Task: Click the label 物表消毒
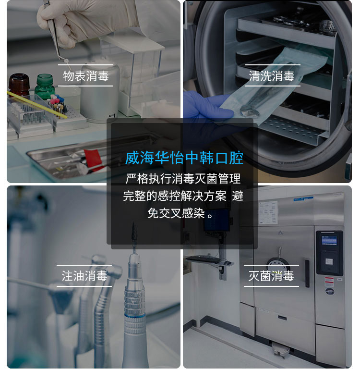pos(85,76)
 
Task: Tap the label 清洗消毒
pos(272,76)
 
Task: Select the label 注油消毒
pos(84,276)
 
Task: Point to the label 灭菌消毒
pos(271,276)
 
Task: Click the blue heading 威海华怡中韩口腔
pos(184,158)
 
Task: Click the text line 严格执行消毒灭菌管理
pos(183,179)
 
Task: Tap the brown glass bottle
pos(19,85)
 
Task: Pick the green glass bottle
pos(45,86)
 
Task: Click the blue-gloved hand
pos(207,105)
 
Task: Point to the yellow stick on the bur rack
pos(37,105)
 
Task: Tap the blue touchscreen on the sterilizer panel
pos(329,240)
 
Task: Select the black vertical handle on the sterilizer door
pos(307,273)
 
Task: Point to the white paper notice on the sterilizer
pos(268,213)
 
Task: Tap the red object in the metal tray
pos(93,157)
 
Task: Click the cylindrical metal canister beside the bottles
pos(99,91)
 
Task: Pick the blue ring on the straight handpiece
pos(135,316)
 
